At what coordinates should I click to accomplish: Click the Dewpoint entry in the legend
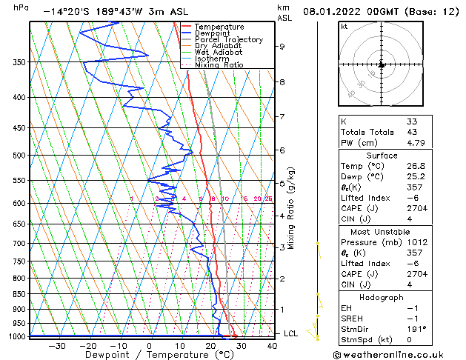pyautogui.click(x=213, y=33)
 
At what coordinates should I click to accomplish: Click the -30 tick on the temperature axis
pyautogui.click(x=57, y=345)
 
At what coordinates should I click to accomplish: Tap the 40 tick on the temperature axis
pyautogui.click(x=272, y=345)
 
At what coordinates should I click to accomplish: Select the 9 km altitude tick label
pyautogui.click(x=282, y=47)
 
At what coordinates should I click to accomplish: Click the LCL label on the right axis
pyautogui.click(x=292, y=333)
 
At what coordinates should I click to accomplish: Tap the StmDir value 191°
pyautogui.click(x=416, y=328)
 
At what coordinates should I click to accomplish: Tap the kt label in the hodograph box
pyautogui.click(x=344, y=26)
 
